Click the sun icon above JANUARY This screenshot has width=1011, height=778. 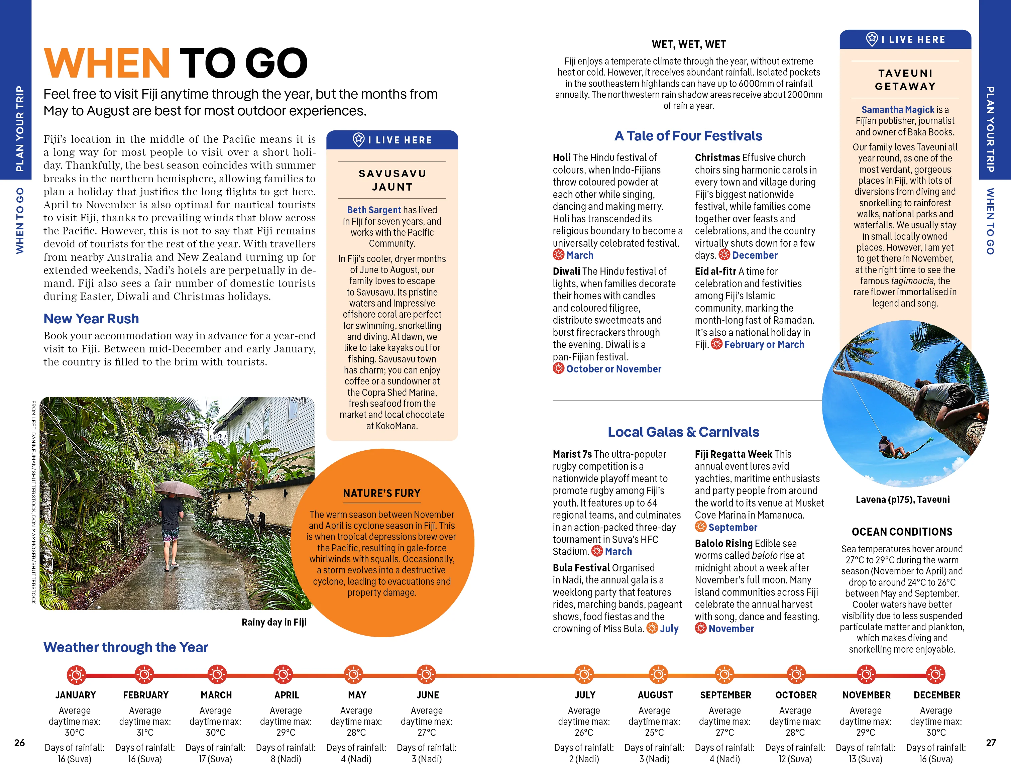point(76,675)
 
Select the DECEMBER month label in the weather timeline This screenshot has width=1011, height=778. point(936,695)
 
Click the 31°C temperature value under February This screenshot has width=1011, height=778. point(145,733)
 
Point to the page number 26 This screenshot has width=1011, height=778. point(19,743)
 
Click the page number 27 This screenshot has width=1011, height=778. point(991,743)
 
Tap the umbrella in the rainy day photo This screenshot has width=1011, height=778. point(178,489)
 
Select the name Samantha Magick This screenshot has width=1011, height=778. point(898,110)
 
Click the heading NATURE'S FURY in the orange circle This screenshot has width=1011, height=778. point(381,493)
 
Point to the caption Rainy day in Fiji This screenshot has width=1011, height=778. point(274,622)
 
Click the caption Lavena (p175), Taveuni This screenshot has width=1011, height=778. point(902,499)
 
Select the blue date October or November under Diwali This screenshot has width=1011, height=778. point(613,369)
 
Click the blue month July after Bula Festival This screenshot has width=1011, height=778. point(669,629)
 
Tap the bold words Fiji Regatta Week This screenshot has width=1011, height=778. point(733,454)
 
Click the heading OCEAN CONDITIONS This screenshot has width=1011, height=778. point(902,532)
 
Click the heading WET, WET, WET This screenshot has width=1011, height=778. point(689,44)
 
